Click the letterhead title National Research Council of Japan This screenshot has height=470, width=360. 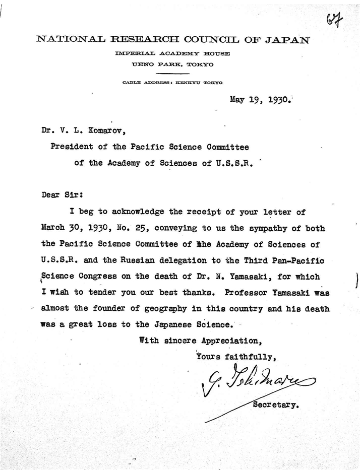(x=172, y=40)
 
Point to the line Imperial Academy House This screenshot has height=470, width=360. (x=172, y=54)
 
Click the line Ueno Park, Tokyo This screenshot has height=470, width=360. (x=172, y=64)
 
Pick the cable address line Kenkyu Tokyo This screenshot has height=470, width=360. (x=172, y=82)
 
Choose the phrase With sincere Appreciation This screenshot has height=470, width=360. (x=200, y=340)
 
